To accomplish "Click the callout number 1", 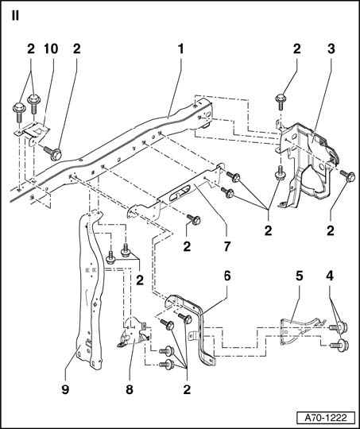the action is click(x=180, y=49).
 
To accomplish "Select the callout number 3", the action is click(x=331, y=49).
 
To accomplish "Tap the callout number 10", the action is click(x=51, y=49).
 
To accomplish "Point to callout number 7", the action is click(x=227, y=246).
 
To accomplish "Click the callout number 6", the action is click(x=227, y=276).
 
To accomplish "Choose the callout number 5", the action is click(x=300, y=276).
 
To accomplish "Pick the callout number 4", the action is click(x=330, y=276).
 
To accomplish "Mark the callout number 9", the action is click(x=65, y=389).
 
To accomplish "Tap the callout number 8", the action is click(x=130, y=389).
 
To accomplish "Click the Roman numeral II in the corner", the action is click(x=15, y=16).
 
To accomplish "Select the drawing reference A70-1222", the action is click(x=326, y=418).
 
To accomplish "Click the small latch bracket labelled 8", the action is click(x=134, y=332).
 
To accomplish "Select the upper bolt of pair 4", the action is click(x=339, y=327).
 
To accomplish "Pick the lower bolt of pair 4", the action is click(x=339, y=346).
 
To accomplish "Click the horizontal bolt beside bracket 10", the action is click(x=53, y=153).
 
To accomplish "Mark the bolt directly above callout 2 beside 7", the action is click(x=194, y=220).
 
